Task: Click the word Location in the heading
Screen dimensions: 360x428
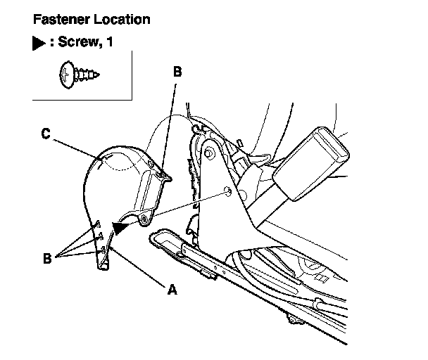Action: tap(122, 20)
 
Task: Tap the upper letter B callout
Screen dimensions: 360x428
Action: tap(177, 71)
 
